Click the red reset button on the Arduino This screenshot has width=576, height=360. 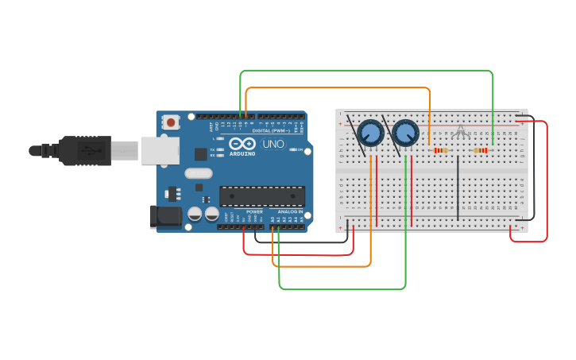tap(170, 122)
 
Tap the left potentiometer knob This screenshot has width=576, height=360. tap(370, 132)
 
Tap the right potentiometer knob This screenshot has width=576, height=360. tap(405, 133)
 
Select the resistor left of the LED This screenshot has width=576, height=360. tap(439, 150)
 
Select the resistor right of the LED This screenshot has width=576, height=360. tap(481, 150)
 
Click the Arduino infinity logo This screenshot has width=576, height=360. tap(242, 144)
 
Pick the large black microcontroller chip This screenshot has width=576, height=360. tap(262, 196)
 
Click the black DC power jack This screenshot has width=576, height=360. tap(165, 215)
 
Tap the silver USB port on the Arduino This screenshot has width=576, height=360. tap(160, 150)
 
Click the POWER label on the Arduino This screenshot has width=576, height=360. tap(254, 212)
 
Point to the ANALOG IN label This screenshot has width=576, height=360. tap(290, 212)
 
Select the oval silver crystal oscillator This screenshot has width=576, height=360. tap(199, 173)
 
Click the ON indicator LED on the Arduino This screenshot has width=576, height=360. tap(294, 149)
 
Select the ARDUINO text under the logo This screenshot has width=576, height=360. tap(242, 153)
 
